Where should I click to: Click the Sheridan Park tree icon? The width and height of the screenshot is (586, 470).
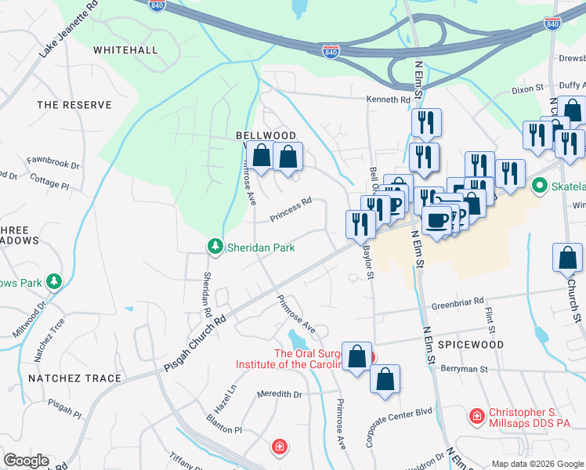tap(215, 247)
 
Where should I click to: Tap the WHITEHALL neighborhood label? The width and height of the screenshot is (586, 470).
tap(125, 50)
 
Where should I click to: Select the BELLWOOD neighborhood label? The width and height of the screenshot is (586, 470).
tap(266, 136)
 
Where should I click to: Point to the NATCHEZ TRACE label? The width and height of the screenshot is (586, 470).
tap(75, 378)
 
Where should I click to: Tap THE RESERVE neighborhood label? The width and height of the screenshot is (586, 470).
tap(70, 104)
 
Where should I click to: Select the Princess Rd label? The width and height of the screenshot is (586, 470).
tap(291, 208)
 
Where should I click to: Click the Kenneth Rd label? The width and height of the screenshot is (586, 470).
tap(389, 100)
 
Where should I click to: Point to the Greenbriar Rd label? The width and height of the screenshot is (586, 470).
tap(458, 300)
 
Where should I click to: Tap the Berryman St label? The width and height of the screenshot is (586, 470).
tap(464, 368)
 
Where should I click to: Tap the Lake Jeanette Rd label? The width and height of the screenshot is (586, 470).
tap(70, 30)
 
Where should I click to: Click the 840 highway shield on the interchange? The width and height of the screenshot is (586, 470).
tap(331, 52)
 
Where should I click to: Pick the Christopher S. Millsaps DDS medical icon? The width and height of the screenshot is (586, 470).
tap(476, 415)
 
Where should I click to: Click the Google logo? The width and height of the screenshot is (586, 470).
tap(26, 461)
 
